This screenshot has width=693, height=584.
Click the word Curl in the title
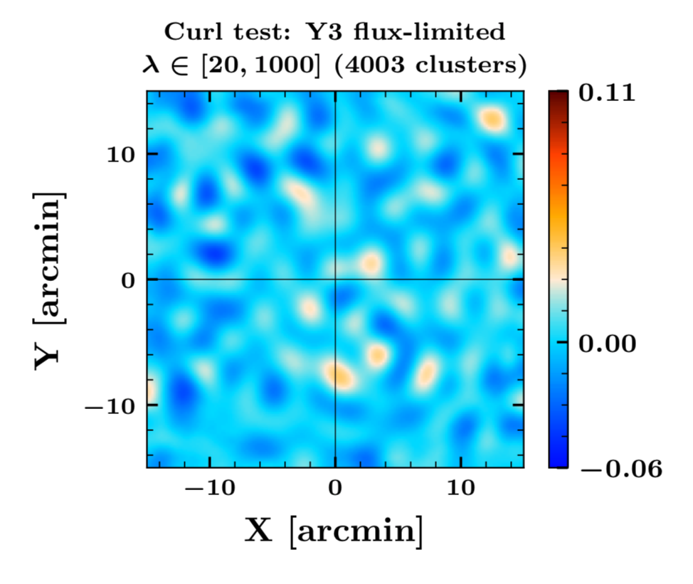[187, 32]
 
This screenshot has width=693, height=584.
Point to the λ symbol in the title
[150, 67]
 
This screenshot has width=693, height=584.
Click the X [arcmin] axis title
[334, 531]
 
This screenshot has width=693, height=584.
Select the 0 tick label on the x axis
[335, 490]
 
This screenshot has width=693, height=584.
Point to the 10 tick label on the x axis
[461, 490]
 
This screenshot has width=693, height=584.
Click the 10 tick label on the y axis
[122, 154]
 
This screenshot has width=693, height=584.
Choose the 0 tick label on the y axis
[129, 280]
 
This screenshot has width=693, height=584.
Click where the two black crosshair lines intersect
[335, 280]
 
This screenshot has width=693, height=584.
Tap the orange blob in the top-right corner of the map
[492, 119]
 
